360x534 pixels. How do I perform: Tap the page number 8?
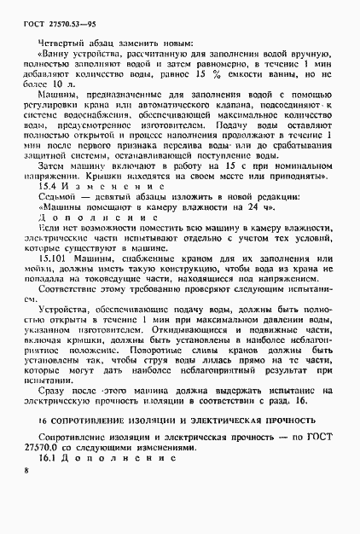tap(27, 493)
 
